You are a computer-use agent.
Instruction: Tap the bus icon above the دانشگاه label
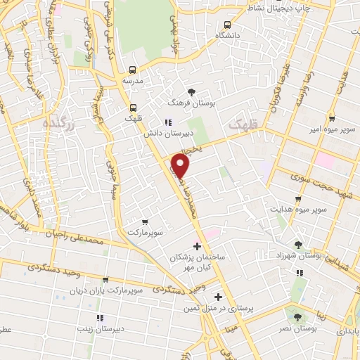tap(227, 25)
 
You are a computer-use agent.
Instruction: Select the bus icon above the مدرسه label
tap(132, 70)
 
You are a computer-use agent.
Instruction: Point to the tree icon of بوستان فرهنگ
tap(191, 92)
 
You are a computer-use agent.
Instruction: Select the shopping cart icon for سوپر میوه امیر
tap(332, 119)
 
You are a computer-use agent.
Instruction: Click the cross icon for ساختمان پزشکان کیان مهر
tap(198, 247)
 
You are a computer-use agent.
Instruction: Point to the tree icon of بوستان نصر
tap(297, 318)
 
